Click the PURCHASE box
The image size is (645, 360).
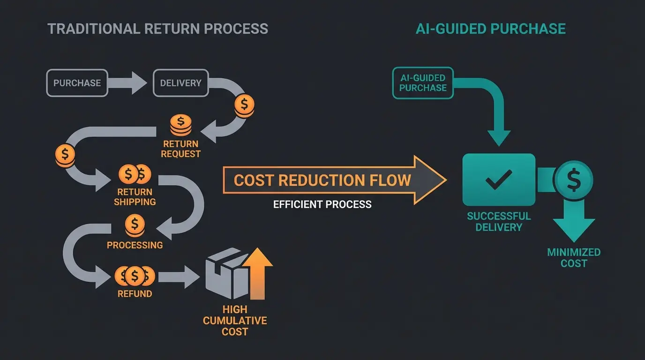[x=77, y=83]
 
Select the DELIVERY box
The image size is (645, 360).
[x=180, y=83]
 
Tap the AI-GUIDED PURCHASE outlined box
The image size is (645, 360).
[x=423, y=82]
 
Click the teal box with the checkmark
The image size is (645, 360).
[x=499, y=180]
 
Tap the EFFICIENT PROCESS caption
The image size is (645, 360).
[x=322, y=204]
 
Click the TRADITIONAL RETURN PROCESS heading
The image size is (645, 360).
[x=158, y=29]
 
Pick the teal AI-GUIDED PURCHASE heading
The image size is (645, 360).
[x=490, y=29]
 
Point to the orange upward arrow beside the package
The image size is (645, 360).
[x=258, y=274]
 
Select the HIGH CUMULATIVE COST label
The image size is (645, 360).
[x=235, y=321]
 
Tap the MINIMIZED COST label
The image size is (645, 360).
[x=574, y=258]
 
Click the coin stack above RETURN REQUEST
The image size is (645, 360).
[x=180, y=125]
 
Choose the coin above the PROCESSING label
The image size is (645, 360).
[x=135, y=225]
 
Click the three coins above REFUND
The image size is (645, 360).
[x=135, y=276]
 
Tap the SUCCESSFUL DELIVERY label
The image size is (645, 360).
[x=499, y=222]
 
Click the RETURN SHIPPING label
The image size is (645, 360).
[x=135, y=197]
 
